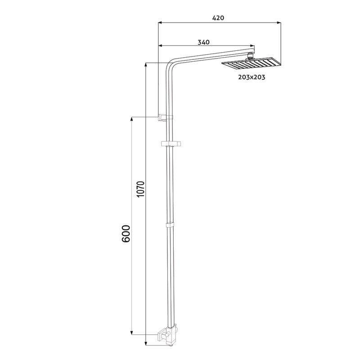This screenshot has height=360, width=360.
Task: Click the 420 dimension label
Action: (x=218, y=18)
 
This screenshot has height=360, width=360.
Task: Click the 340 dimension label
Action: (x=204, y=42)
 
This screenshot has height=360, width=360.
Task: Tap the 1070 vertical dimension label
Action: (x=140, y=189)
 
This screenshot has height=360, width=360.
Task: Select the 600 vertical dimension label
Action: (x=126, y=234)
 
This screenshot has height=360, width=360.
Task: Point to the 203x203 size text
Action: (x=252, y=77)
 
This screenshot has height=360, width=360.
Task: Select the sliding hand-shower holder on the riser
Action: (x=171, y=144)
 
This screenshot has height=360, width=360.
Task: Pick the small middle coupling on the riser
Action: (x=170, y=224)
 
